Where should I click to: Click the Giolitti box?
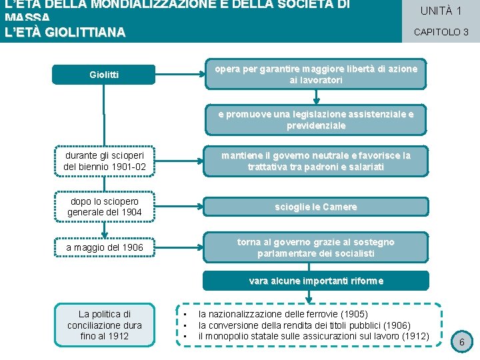pos(104,75)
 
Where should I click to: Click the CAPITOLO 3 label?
pos(441,31)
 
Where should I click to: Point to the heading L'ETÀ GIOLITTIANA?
pos(65,32)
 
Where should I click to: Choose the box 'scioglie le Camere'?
pos(316,207)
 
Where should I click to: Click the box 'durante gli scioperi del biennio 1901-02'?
pos(104,161)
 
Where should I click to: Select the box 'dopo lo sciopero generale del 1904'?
pos(104,207)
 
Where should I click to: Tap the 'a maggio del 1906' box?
pos(104,248)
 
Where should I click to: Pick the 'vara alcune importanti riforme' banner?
pos(316,281)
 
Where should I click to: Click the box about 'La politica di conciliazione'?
pos(104,325)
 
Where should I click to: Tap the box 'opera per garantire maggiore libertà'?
pos(316,74)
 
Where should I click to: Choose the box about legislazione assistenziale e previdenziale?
pos(316,119)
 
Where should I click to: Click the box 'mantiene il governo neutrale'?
pos(316,161)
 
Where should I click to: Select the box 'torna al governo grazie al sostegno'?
pos(316,247)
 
